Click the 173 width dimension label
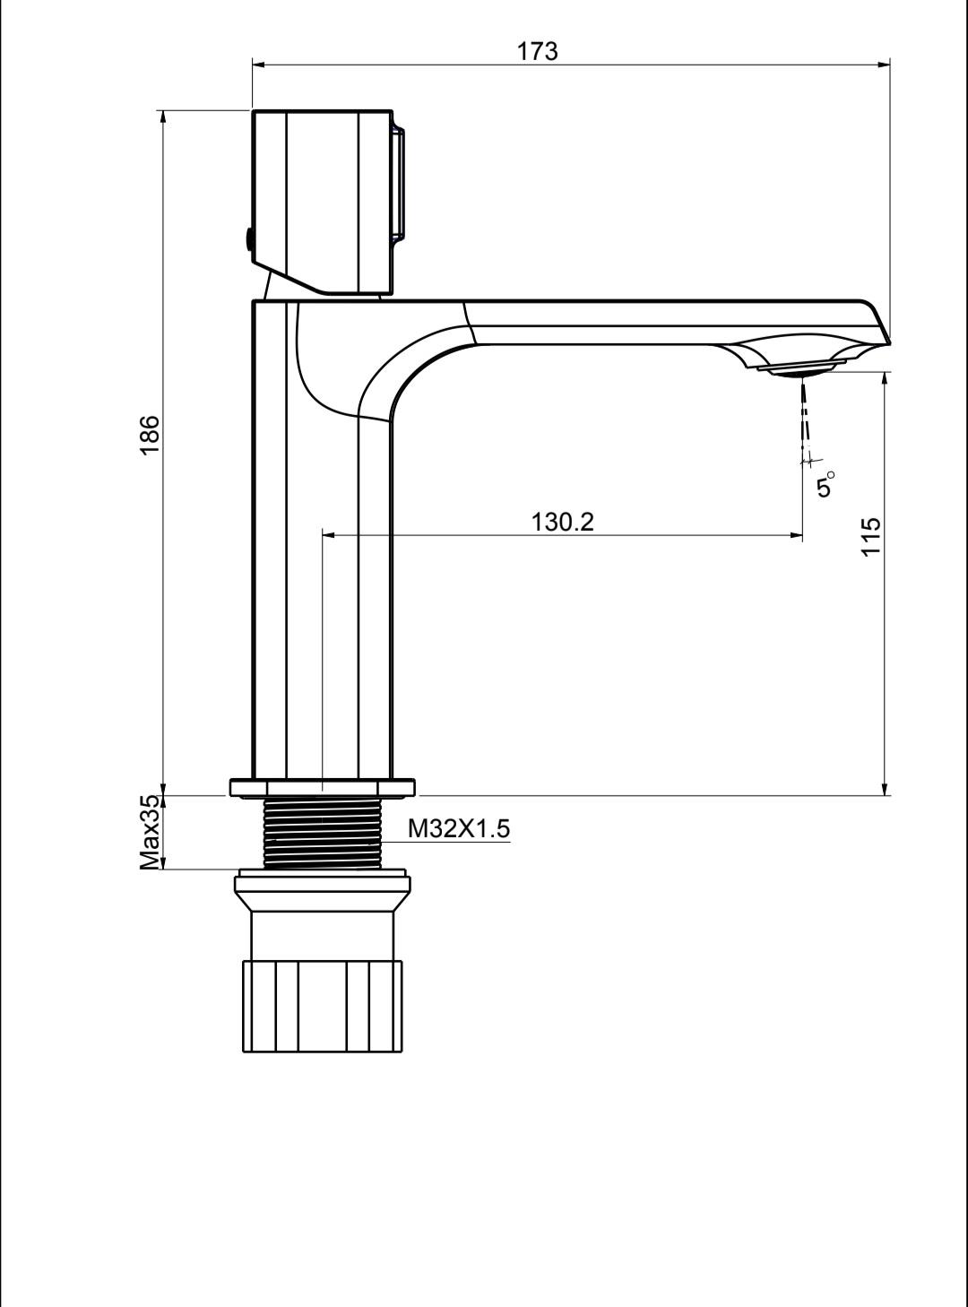pyautogui.click(x=537, y=51)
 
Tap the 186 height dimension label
pyautogui.click(x=150, y=435)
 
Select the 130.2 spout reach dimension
pyautogui.click(x=563, y=522)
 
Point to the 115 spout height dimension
pyautogui.click(x=871, y=536)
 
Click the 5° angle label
pyautogui.click(x=825, y=483)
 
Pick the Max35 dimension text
pyautogui.click(x=150, y=832)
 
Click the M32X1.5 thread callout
pyautogui.click(x=459, y=829)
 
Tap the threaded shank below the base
pyautogui.click(x=322, y=833)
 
